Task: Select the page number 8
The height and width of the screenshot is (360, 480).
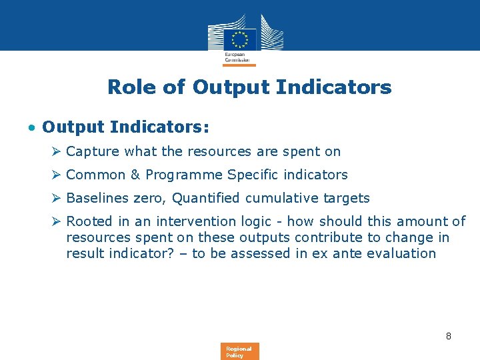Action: pos(449,336)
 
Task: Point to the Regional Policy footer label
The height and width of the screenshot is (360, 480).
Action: pos(239,351)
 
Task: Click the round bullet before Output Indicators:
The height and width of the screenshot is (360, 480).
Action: pos(31,127)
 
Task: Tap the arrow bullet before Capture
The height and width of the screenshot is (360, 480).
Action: pos(57,151)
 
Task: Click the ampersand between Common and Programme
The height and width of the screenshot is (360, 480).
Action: pos(135,175)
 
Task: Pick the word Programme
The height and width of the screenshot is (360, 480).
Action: pos(183,175)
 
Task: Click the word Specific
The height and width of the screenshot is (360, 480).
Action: pos(251,175)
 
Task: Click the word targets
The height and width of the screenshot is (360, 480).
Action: pos(346,199)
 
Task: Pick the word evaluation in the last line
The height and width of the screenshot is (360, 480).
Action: pos(402,253)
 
